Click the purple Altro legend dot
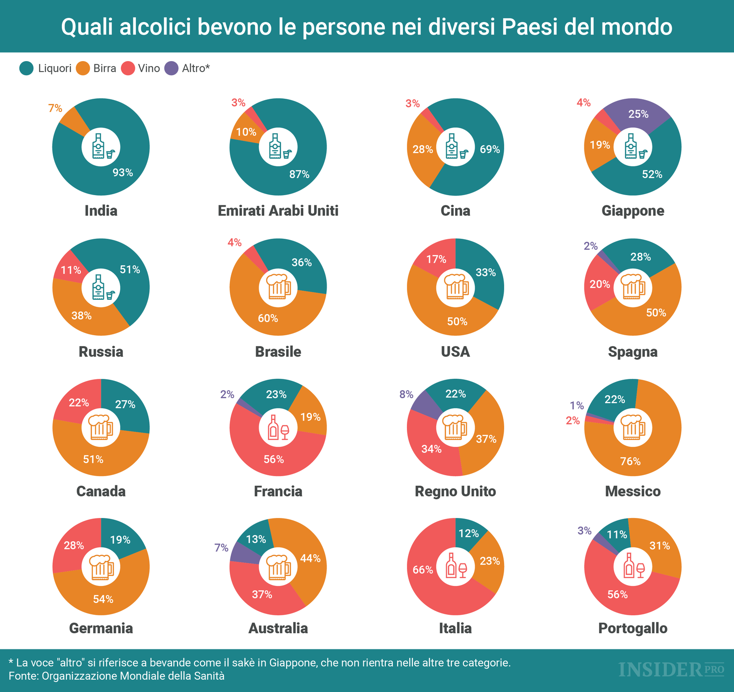171,68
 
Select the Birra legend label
105,68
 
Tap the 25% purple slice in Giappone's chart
638,113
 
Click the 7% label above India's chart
55,108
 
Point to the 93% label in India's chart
123,173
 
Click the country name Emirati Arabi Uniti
278,211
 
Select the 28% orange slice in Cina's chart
423,149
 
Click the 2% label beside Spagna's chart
590,246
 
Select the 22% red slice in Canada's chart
79,403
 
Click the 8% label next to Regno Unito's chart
406,394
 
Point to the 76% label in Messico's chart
630,461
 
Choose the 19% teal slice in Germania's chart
120,540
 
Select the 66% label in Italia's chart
423,570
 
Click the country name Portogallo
633,628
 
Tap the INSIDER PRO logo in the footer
671,670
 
